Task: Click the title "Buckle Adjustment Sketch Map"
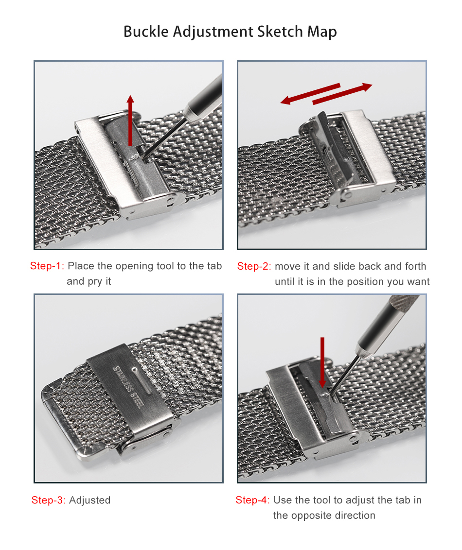pyautogui.click(x=231, y=32)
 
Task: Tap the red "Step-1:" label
pyautogui.click(x=47, y=266)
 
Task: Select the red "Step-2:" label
pyautogui.click(x=254, y=266)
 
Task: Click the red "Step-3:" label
pyautogui.click(x=49, y=500)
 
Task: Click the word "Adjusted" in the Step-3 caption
pyautogui.click(x=90, y=500)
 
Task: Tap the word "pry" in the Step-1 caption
pyautogui.click(x=95, y=282)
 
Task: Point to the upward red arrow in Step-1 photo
pyautogui.click(x=130, y=120)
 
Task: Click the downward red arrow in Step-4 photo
pyautogui.click(x=322, y=362)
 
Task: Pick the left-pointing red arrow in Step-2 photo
pyautogui.click(x=310, y=93)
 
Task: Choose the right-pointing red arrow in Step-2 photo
pyautogui.click(x=342, y=94)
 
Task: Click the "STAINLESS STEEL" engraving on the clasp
pyautogui.click(x=128, y=387)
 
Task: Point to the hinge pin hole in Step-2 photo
pyautogui.click(x=348, y=194)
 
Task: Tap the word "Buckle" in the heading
pyautogui.click(x=146, y=32)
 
